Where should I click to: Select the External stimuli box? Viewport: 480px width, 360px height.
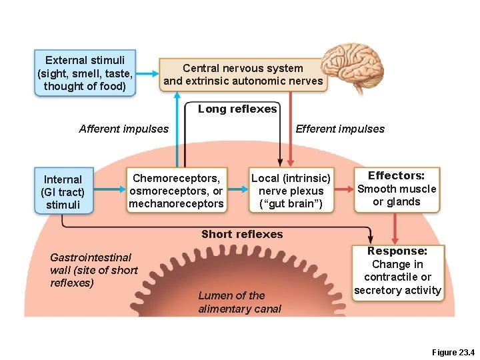tap(85, 72)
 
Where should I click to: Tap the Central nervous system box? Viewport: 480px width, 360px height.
tap(243, 75)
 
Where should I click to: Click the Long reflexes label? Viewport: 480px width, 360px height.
tap(237, 109)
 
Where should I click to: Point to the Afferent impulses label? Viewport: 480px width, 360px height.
tap(124, 129)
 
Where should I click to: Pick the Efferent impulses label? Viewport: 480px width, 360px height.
tap(340, 129)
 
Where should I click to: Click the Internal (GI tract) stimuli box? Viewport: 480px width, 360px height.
tap(63, 191)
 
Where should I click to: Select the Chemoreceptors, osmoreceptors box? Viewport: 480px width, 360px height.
tap(177, 191)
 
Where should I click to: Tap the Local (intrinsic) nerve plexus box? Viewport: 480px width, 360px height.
tap(291, 191)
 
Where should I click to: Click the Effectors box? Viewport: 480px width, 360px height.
tap(397, 189)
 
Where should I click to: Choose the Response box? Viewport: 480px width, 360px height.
tap(397, 271)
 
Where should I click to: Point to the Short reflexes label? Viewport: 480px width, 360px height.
tap(242, 234)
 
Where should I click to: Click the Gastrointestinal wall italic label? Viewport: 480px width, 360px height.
tap(93, 270)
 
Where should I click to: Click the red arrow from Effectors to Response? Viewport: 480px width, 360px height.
tap(395, 229)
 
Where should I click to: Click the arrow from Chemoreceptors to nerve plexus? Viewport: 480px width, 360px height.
tap(237, 190)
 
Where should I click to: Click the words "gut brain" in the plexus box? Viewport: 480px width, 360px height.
tap(291, 204)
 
